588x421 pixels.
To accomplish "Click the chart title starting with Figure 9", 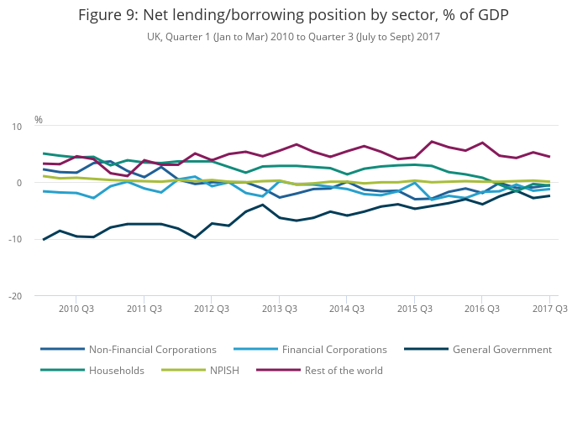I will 293,16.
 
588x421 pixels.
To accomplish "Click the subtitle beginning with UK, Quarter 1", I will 293,37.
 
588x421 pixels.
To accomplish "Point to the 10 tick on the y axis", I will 16,127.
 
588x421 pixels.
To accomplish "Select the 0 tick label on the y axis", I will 18,183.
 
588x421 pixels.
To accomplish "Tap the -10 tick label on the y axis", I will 15,240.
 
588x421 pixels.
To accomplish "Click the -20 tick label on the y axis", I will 15,296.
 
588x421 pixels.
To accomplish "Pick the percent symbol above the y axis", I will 39,120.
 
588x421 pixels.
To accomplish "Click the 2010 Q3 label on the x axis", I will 76,309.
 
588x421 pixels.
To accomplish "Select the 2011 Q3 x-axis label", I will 144,309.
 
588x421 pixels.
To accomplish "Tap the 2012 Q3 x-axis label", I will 212,309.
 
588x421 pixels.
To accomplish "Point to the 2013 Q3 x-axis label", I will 280,309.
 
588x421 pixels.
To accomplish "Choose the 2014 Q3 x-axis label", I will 347,309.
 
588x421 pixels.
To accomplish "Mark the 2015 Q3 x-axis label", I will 415,309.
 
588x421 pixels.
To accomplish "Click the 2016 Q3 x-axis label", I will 482,309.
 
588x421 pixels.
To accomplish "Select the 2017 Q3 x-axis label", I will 550,309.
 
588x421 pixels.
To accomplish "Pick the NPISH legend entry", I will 224,371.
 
